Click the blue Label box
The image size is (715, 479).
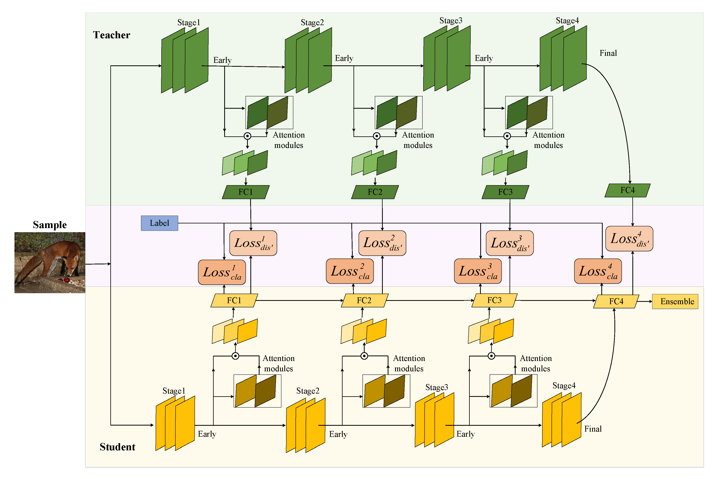pos(159,223)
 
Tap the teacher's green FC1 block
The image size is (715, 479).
pos(245,192)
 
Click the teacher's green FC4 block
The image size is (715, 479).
pos(627,190)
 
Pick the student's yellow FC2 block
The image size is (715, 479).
pos(364,300)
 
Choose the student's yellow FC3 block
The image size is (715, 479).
pos(494,300)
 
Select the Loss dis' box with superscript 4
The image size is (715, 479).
pos(629,239)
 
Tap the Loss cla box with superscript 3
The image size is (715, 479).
pos(478,271)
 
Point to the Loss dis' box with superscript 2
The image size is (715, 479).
pos(382,243)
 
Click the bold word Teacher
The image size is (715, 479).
pos(112,35)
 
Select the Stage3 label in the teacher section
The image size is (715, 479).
pos(451,20)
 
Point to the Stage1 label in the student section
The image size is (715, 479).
pos(174,391)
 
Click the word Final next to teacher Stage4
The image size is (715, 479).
pos(608,53)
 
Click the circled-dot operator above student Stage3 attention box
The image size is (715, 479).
pos(491,356)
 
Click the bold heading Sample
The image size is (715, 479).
pos(50,225)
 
